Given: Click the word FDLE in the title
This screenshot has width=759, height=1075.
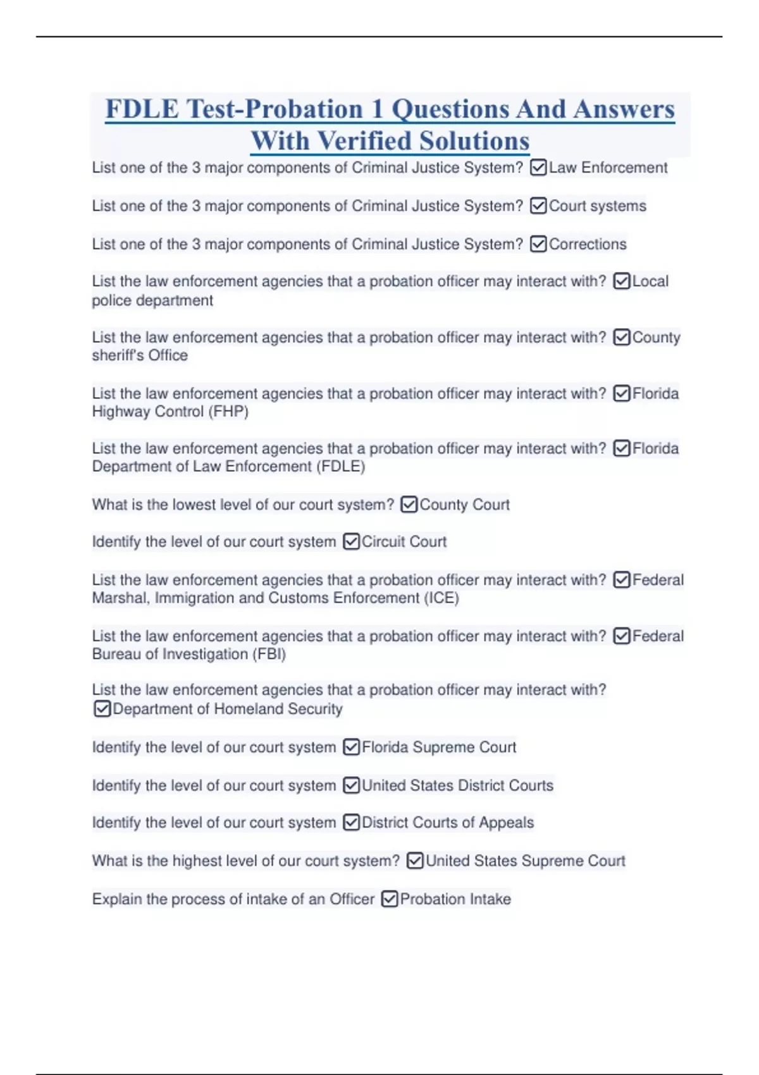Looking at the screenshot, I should pyautogui.click(x=142, y=109).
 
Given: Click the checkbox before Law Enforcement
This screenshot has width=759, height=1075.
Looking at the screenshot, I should pyautogui.click(x=538, y=168).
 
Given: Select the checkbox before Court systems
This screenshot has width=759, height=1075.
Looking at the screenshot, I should pyautogui.click(x=538, y=206).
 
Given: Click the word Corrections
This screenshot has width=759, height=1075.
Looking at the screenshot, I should pyautogui.click(x=588, y=244).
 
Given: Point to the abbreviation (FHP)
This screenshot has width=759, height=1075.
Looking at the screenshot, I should pyautogui.click(x=228, y=412).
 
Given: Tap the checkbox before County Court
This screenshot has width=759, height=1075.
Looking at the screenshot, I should pyautogui.click(x=409, y=505).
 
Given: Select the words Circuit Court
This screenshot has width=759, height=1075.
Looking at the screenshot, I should pyautogui.click(x=404, y=542).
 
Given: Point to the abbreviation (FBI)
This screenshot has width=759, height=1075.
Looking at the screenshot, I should pyautogui.click(x=269, y=654).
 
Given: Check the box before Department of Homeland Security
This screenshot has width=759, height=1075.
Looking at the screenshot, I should pyautogui.click(x=102, y=709).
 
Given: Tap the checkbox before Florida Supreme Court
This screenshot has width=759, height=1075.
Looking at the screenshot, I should pyautogui.click(x=351, y=747).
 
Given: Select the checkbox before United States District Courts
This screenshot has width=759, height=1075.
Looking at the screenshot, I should pyautogui.click(x=351, y=785).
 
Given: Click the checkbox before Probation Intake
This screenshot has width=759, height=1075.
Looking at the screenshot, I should pyautogui.click(x=390, y=899).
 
